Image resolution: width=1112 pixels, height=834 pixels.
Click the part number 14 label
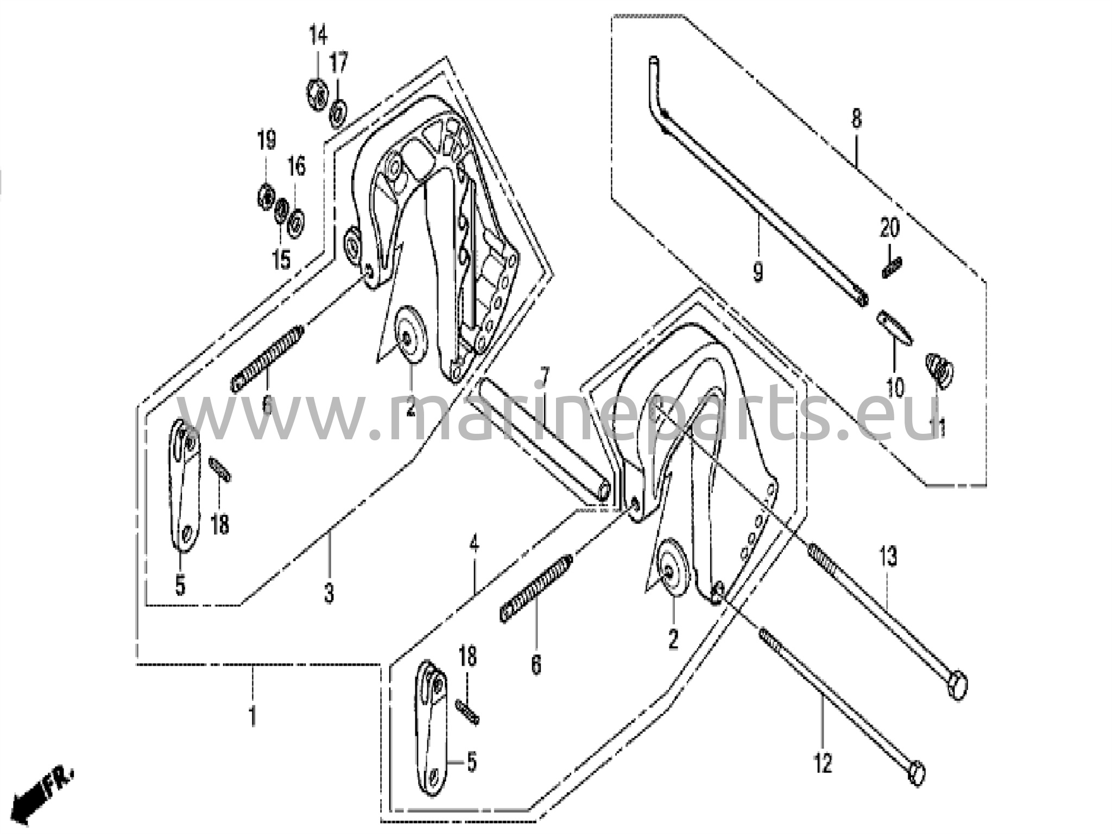[318, 37]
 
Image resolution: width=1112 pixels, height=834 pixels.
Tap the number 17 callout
[339, 63]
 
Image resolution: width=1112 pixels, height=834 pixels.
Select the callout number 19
[266, 141]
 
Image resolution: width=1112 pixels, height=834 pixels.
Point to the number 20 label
[889, 229]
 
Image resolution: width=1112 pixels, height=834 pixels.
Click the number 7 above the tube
[544, 376]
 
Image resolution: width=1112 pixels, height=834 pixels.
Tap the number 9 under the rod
[758, 270]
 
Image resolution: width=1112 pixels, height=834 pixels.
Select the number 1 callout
[252, 716]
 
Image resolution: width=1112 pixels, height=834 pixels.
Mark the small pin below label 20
[892, 268]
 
